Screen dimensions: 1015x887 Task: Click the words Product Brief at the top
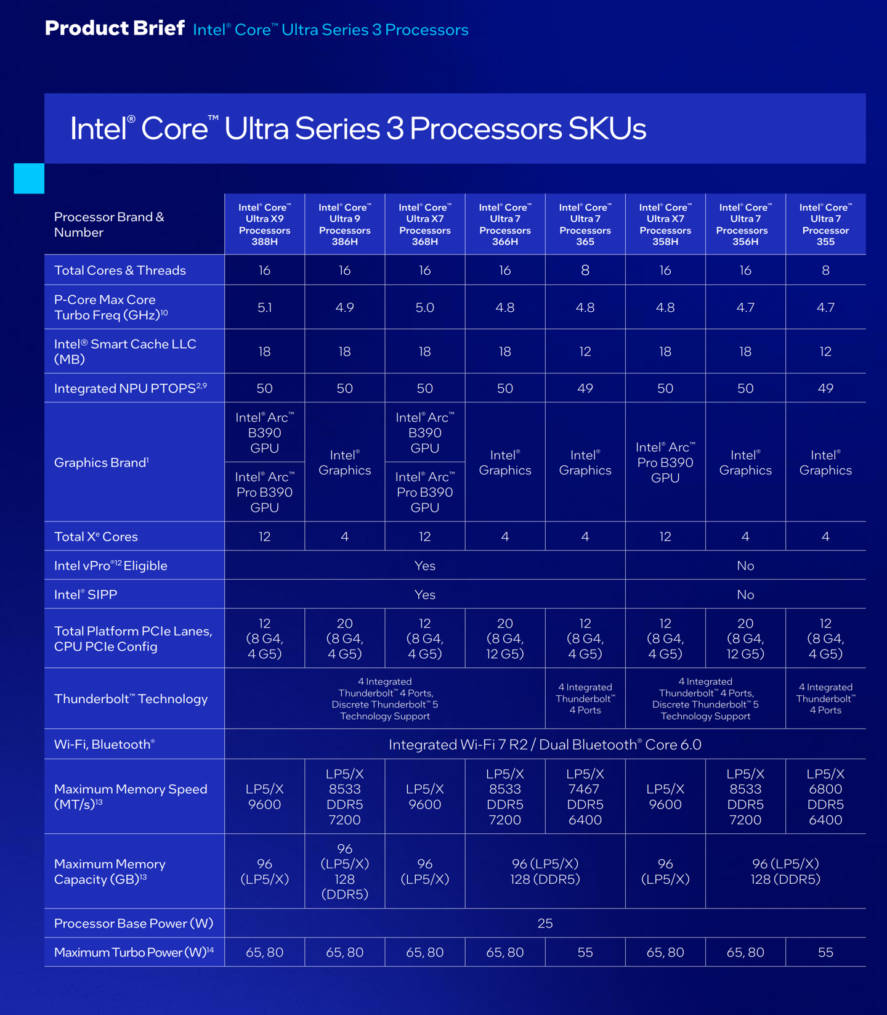pyautogui.click(x=115, y=28)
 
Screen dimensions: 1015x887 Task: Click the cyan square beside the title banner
pyautogui.click(x=29, y=178)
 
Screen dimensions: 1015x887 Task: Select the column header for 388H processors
pyautogui.click(x=264, y=224)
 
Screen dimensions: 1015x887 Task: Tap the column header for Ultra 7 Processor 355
pyautogui.click(x=825, y=224)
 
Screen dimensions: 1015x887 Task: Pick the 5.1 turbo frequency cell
pyautogui.click(x=264, y=308)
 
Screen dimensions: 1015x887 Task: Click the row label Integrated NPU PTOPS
pyautogui.click(x=130, y=388)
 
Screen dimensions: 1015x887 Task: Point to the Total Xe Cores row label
pyautogui.click(x=96, y=537)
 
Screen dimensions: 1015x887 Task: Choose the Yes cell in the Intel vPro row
pyautogui.click(x=424, y=566)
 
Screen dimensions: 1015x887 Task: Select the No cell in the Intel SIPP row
pyautogui.click(x=745, y=595)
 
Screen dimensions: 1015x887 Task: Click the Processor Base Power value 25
pyautogui.click(x=545, y=923)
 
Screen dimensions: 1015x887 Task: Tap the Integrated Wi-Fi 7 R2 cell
pyautogui.click(x=545, y=744)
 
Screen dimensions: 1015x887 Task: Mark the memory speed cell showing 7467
pyautogui.click(x=585, y=797)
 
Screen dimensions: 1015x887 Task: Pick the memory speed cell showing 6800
pyautogui.click(x=825, y=797)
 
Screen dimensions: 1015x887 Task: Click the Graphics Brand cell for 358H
pyautogui.click(x=665, y=462)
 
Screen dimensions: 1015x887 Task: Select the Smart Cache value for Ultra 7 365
pyautogui.click(x=585, y=351)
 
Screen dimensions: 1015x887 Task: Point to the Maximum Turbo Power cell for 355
pyautogui.click(x=825, y=952)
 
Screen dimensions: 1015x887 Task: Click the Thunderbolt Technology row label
pyautogui.click(x=131, y=699)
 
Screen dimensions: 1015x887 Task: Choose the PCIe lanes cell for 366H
pyautogui.click(x=505, y=638)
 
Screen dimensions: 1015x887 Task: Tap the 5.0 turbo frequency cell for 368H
pyautogui.click(x=424, y=308)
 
